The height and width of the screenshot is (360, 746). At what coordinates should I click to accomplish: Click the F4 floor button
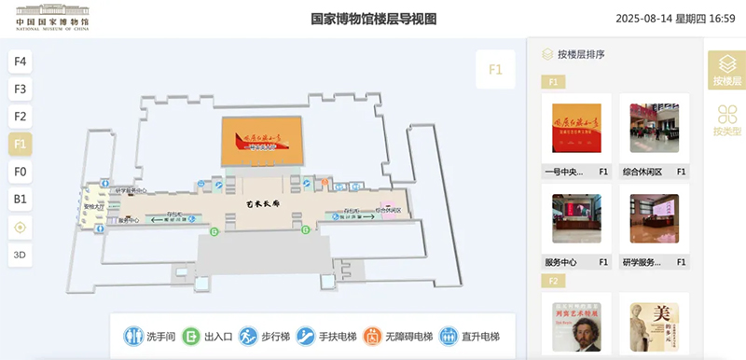coord(21,62)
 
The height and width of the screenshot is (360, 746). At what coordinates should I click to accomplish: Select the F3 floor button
coord(21,90)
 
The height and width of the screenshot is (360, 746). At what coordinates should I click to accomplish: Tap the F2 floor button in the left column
coord(21,117)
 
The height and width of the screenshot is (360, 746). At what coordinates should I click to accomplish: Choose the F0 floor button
coord(21,172)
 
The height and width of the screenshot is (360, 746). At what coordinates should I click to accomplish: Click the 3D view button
coord(21,254)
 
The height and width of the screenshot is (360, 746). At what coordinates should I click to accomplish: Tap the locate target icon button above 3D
coord(21,227)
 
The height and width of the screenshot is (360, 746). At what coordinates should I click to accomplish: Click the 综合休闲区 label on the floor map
coord(388,210)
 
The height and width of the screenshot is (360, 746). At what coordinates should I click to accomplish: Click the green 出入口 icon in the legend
coord(190,336)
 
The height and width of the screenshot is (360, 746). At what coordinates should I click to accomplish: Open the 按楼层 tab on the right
coord(726,69)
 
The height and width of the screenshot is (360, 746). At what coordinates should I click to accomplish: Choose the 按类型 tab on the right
coord(726,119)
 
